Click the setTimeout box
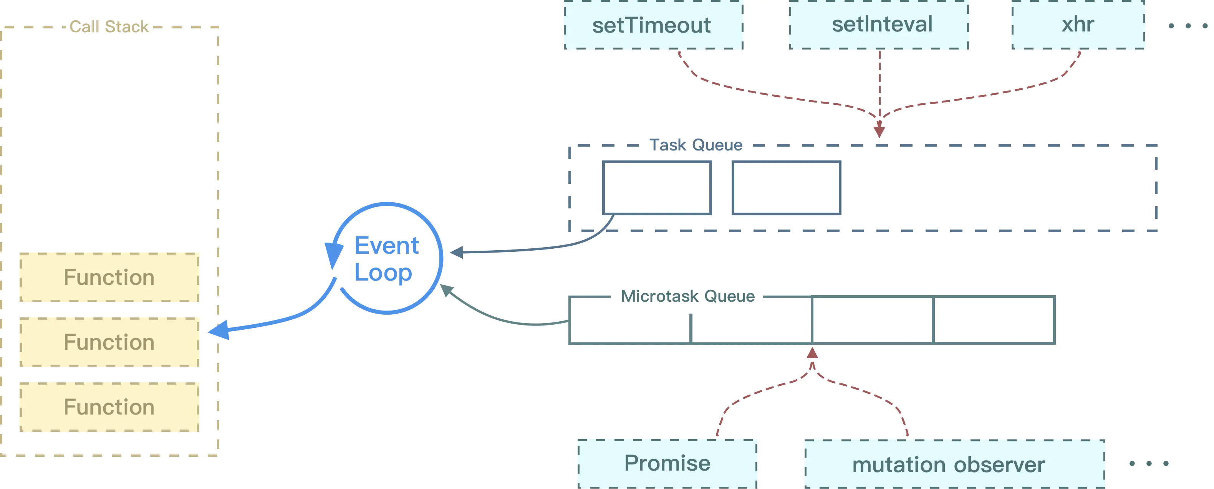click(x=653, y=25)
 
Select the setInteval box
click(x=879, y=25)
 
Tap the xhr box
click(x=1078, y=25)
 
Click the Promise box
click(x=667, y=464)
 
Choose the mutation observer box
click(x=954, y=464)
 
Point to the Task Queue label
click(x=696, y=145)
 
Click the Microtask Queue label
click(x=687, y=296)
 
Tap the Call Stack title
click(x=109, y=27)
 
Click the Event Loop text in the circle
click(x=386, y=259)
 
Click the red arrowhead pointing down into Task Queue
click(x=879, y=131)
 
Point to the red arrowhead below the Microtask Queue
click(x=812, y=354)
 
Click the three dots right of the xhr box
click(x=1188, y=26)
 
